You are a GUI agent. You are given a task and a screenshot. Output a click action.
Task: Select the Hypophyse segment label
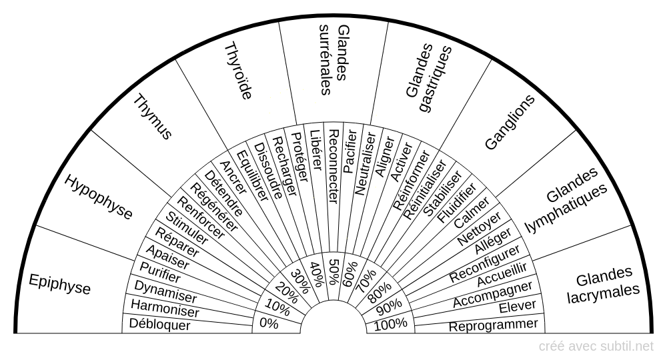pyautogui.click(x=99, y=197)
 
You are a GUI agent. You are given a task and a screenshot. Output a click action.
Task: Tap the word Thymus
pyautogui.click(x=153, y=117)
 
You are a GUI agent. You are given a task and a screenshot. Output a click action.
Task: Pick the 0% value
pyautogui.click(x=269, y=324)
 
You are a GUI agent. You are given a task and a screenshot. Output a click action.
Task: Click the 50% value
pyautogui.click(x=333, y=270)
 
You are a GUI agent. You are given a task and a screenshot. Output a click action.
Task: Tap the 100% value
pyautogui.click(x=390, y=324)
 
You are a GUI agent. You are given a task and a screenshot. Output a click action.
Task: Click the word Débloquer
pyautogui.click(x=161, y=325)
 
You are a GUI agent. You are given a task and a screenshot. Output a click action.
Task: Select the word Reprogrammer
pyautogui.click(x=494, y=325)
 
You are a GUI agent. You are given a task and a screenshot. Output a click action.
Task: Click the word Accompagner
pyautogui.click(x=493, y=295)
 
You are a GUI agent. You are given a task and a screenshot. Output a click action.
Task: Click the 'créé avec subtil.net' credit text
pyautogui.click(x=596, y=346)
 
